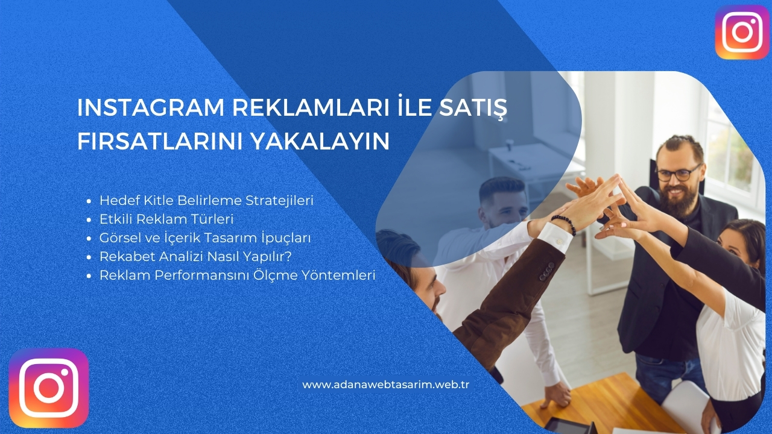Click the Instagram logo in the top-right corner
tap(742, 32)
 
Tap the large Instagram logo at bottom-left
tap(49, 388)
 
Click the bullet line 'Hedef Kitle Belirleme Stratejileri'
tap(206, 200)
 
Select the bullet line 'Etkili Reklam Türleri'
tap(166, 219)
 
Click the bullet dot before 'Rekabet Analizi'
tap(89, 257)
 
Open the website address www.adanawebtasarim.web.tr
tap(385, 384)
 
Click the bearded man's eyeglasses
tap(678, 174)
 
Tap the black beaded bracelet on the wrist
tap(564, 224)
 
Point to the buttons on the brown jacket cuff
tap(547, 271)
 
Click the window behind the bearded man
tap(730, 151)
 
